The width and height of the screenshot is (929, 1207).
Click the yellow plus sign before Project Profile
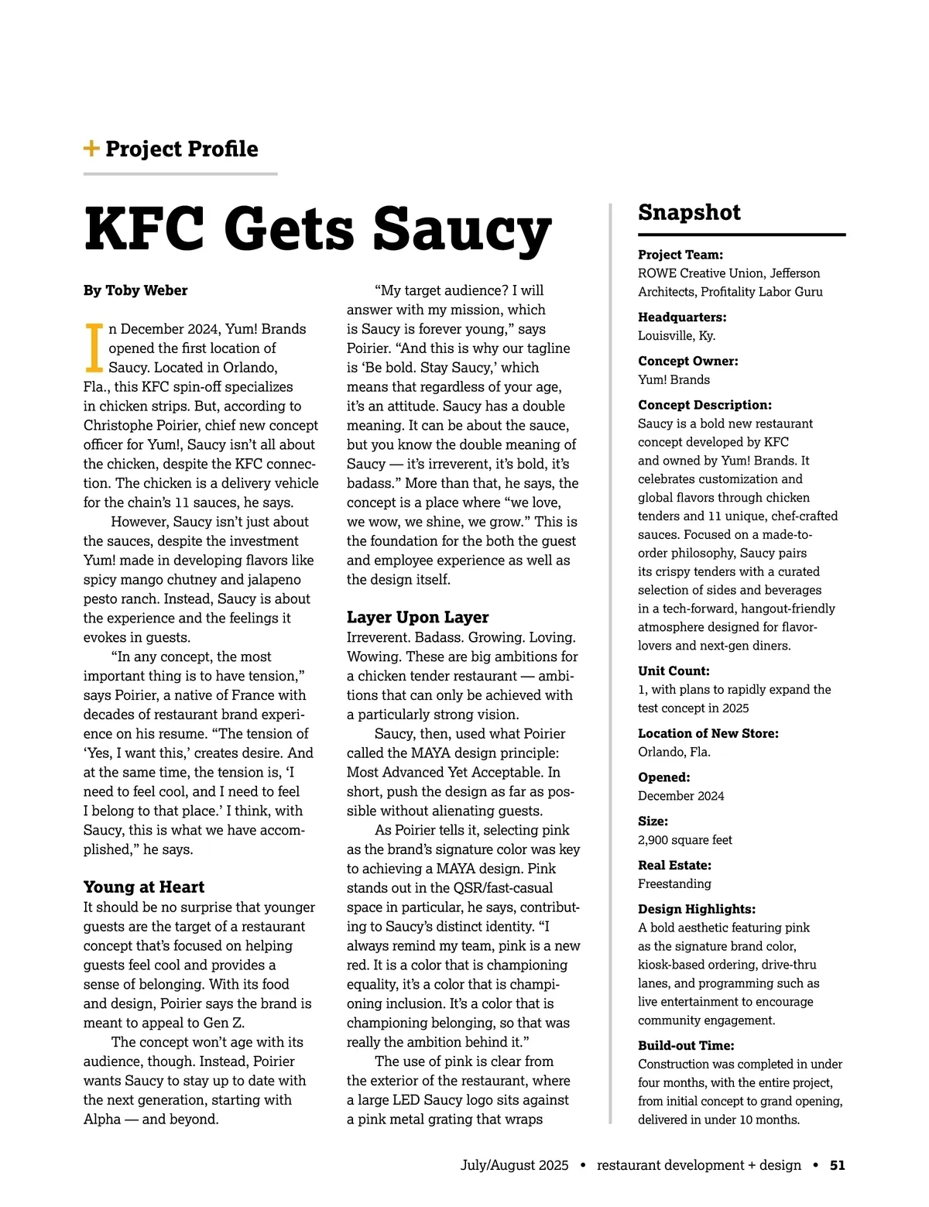click(91, 149)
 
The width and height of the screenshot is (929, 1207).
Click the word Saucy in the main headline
click(462, 229)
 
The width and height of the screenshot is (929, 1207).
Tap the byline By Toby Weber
click(135, 290)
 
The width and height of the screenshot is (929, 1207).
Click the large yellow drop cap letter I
click(94, 348)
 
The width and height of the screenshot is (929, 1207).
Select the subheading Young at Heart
click(144, 887)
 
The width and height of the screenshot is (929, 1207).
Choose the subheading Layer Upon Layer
click(417, 617)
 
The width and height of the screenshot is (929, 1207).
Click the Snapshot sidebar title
click(689, 212)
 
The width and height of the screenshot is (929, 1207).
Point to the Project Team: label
click(680, 255)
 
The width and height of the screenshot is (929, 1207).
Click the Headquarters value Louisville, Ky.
click(677, 336)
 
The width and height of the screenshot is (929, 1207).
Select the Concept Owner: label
click(688, 361)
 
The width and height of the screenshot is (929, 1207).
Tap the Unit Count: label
click(674, 671)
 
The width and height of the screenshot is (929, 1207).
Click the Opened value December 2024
click(681, 796)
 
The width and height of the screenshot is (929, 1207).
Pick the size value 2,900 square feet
click(685, 840)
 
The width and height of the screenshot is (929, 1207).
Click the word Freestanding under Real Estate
click(674, 884)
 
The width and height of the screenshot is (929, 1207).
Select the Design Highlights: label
click(697, 909)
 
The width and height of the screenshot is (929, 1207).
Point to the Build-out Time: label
click(686, 1045)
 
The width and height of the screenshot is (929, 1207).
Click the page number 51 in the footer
click(837, 1165)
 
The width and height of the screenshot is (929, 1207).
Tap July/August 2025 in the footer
click(514, 1165)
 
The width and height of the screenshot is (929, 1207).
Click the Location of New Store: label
click(708, 733)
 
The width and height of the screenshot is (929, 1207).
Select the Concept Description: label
click(704, 405)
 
